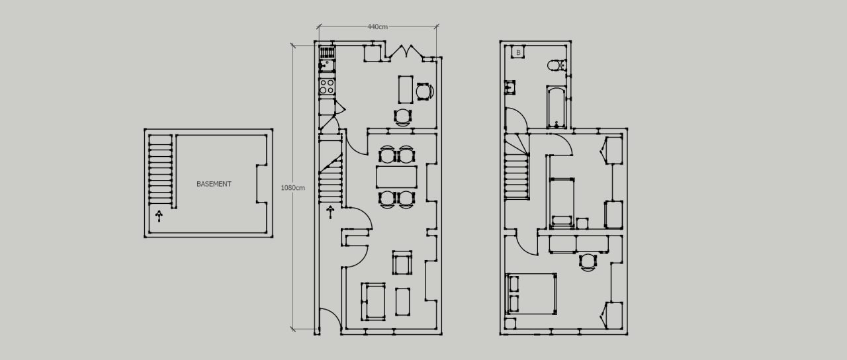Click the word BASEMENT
coord(214,184)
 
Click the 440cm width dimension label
coord(377,27)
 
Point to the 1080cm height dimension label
coord(292,187)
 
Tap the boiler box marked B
coord(518,52)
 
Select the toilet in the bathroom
coord(555,65)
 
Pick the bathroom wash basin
coord(510,87)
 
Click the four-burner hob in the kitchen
coord(327,86)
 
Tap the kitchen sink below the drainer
coord(327,66)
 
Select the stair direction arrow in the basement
coord(159,216)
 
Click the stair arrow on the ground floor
coord(330,212)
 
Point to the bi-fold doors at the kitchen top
coord(404,52)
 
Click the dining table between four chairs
coord(396,177)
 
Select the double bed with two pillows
coord(531,294)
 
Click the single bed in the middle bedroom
coord(562,202)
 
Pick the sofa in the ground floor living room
coord(373,302)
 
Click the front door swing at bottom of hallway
coord(330,319)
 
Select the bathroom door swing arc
coord(517,119)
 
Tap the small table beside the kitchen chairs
coord(406,89)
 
